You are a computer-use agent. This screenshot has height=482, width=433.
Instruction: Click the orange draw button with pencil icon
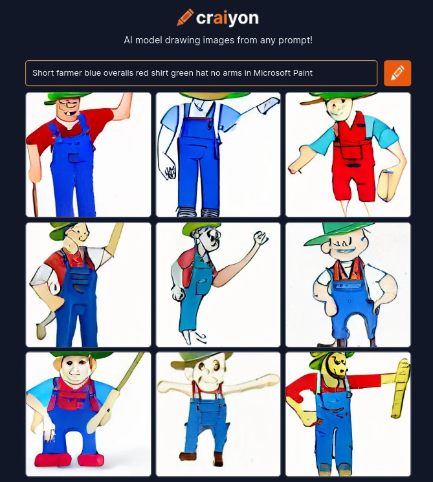coord(397,73)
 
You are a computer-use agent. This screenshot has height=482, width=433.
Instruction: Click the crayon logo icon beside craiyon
coord(185,17)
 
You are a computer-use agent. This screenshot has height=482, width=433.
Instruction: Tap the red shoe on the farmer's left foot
coord(91,460)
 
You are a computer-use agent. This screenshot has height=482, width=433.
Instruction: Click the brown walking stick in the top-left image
coord(36,199)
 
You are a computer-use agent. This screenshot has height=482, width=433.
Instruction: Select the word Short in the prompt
coord(40,73)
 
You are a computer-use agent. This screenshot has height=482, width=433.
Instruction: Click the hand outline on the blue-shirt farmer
coord(170,172)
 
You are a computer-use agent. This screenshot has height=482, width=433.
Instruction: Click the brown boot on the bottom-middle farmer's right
coord(218,459)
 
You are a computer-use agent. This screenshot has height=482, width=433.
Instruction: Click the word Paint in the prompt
coord(303,73)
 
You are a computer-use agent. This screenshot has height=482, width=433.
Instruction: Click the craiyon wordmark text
coord(228,19)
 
